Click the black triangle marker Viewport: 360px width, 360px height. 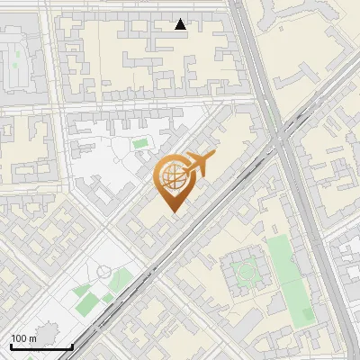point(181,24)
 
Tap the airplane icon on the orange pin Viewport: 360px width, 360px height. point(200,164)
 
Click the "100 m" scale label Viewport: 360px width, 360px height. point(24,338)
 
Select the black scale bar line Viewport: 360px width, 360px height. point(41,346)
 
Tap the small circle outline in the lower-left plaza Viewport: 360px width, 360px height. point(104,271)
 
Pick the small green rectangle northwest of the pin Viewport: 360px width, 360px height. point(139,142)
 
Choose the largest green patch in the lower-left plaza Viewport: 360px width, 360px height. point(84,292)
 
